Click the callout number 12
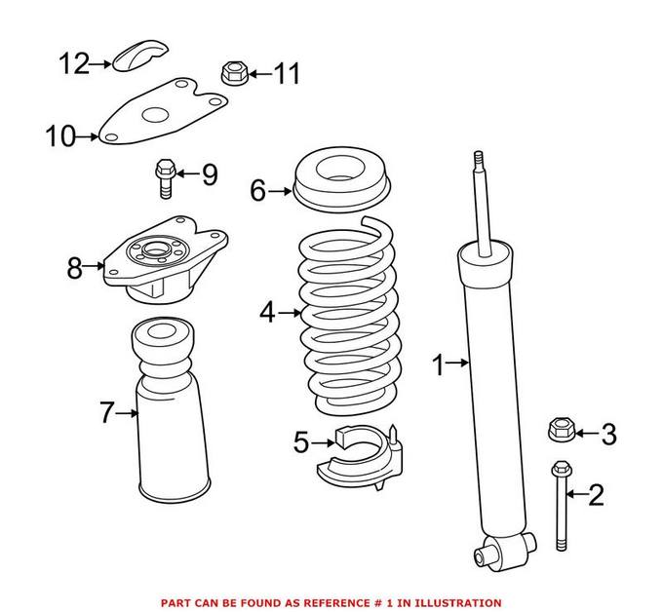[x=72, y=64]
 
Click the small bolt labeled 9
[x=163, y=177]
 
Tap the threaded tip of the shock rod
[x=478, y=160]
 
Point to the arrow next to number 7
[x=127, y=413]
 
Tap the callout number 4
[x=267, y=313]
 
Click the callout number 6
[x=257, y=191]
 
